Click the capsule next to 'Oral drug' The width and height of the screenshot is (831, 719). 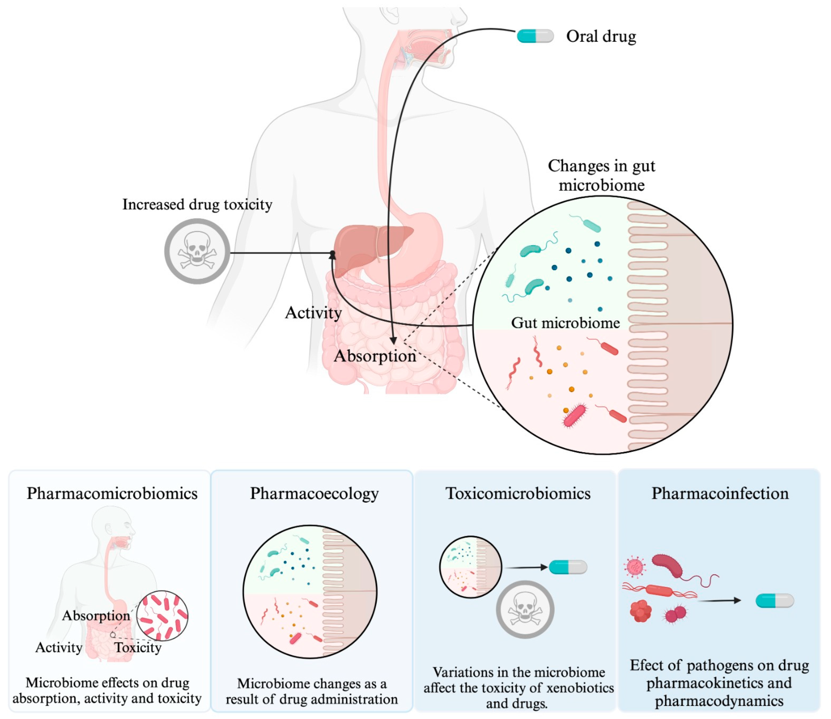[x=535, y=36]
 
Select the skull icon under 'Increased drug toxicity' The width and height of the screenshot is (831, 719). [x=197, y=251]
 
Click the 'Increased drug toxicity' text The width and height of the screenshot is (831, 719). [x=197, y=205]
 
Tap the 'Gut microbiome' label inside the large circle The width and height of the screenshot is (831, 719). [x=565, y=323]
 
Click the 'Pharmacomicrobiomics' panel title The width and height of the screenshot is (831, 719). [x=112, y=493]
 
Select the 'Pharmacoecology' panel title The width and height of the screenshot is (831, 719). [x=314, y=493]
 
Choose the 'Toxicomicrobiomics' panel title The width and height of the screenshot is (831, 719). [x=518, y=493]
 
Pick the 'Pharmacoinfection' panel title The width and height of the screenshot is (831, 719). [x=720, y=493]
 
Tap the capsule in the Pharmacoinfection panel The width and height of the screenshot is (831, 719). [x=774, y=601]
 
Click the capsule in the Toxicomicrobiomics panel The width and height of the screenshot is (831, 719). [x=568, y=567]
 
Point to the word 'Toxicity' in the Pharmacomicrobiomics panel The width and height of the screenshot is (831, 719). [x=138, y=647]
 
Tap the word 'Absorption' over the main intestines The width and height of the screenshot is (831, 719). [x=374, y=356]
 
